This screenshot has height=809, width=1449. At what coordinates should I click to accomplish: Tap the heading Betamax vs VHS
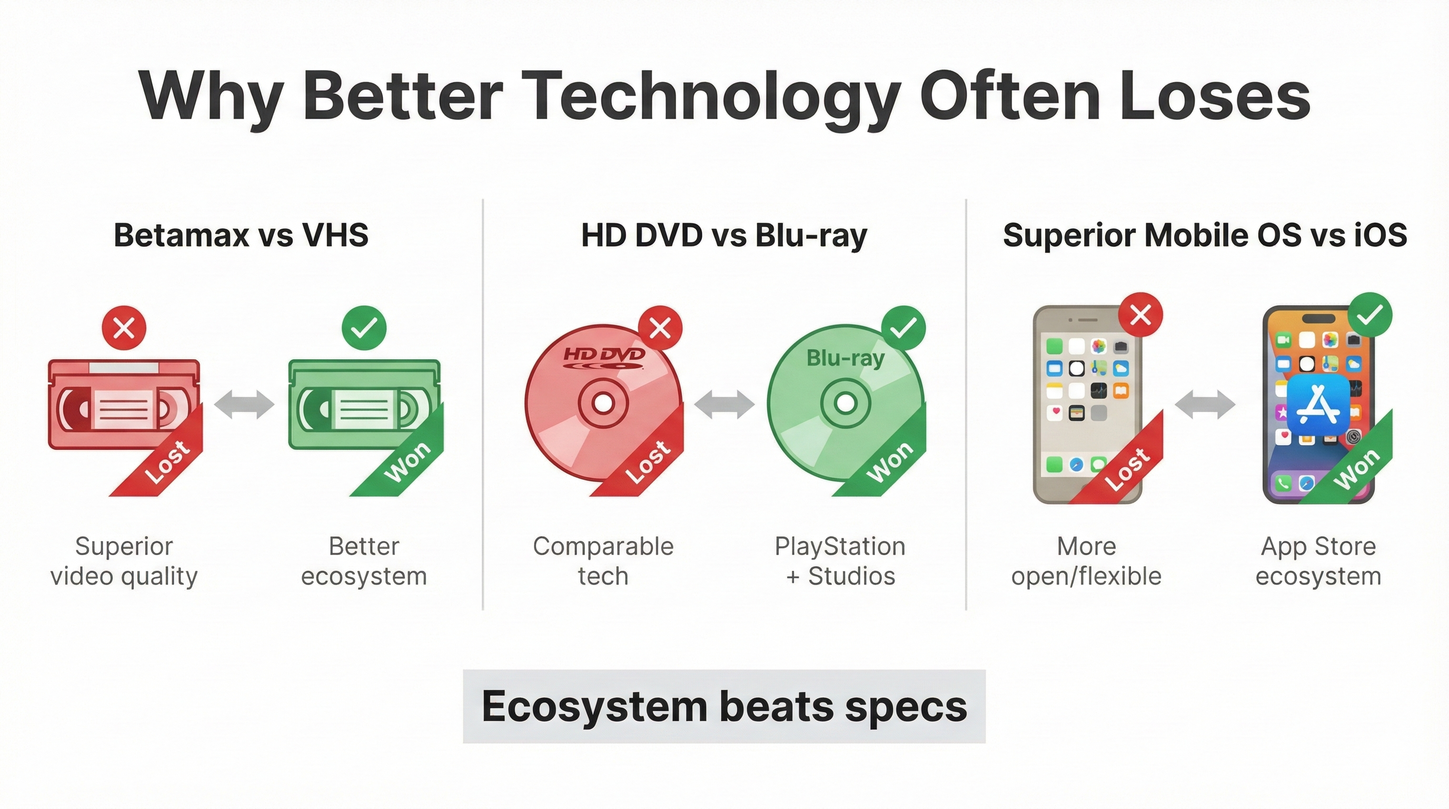click(x=241, y=235)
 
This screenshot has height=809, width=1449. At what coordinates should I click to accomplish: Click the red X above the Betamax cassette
click(x=124, y=328)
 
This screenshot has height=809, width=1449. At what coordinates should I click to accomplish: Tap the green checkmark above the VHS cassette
click(x=364, y=328)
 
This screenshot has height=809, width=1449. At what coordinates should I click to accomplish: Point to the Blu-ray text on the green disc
click(x=846, y=358)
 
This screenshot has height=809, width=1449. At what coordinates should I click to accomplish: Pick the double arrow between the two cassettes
click(x=244, y=404)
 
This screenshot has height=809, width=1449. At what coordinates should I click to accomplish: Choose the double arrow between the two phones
click(x=1205, y=404)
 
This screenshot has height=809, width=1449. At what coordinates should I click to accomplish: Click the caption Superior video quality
click(x=124, y=561)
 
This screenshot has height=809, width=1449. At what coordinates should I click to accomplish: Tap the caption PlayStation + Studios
click(x=840, y=561)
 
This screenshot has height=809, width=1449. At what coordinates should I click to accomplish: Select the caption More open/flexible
click(x=1086, y=561)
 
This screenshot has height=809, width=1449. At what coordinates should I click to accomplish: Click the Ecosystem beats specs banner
click(x=724, y=706)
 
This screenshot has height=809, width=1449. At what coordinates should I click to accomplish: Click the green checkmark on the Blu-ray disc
click(x=904, y=328)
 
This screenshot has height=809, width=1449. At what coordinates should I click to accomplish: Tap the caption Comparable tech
click(x=603, y=561)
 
